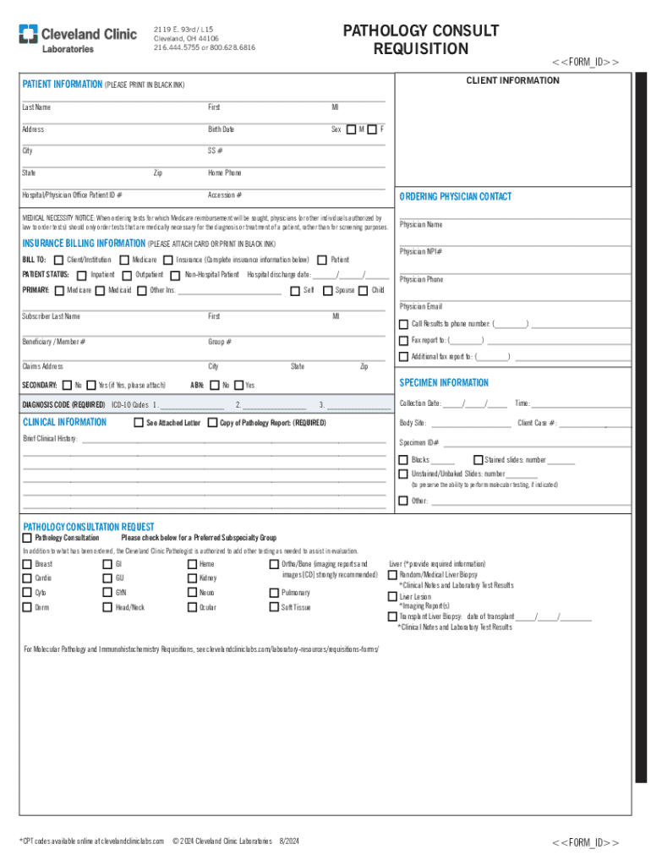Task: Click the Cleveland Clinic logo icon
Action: pyautogui.click(x=30, y=35)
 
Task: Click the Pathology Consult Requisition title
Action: pyautogui.click(x=421, y=40)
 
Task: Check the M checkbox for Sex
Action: pyautogui.click(x=352, y=129)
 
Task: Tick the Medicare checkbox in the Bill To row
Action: pyautogui.click(x=123, y=260)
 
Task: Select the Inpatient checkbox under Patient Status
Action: pyautogui.click(x=81, y=275)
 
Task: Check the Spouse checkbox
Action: pyautogui.click(x=325, y=290)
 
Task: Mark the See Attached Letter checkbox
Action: pyautogui.click(x=139, y=422)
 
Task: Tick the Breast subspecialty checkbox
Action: pyautogui.click(x=27, y=564)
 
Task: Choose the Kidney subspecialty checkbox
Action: pyautogui.click(x=192, y=578)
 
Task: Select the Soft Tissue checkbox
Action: pyautogui.click(x=274, y=607)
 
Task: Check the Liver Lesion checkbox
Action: pyautogui.click(x=392, y=596)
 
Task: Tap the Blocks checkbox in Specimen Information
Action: pyautogui.click(x=403, y=460)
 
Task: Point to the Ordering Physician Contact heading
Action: pyautogui.click(x=455, y=196)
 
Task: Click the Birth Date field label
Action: pyautogui.click(x=222, y=129)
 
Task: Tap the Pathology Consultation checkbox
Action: pyautogui.click(x=27, y=538)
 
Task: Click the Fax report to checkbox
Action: pyautogui.click(x=403, y=340)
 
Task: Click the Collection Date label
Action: pyautogui.click(x=420, y=403)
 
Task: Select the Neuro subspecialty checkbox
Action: pyautogui.click(x=192, y=593)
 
